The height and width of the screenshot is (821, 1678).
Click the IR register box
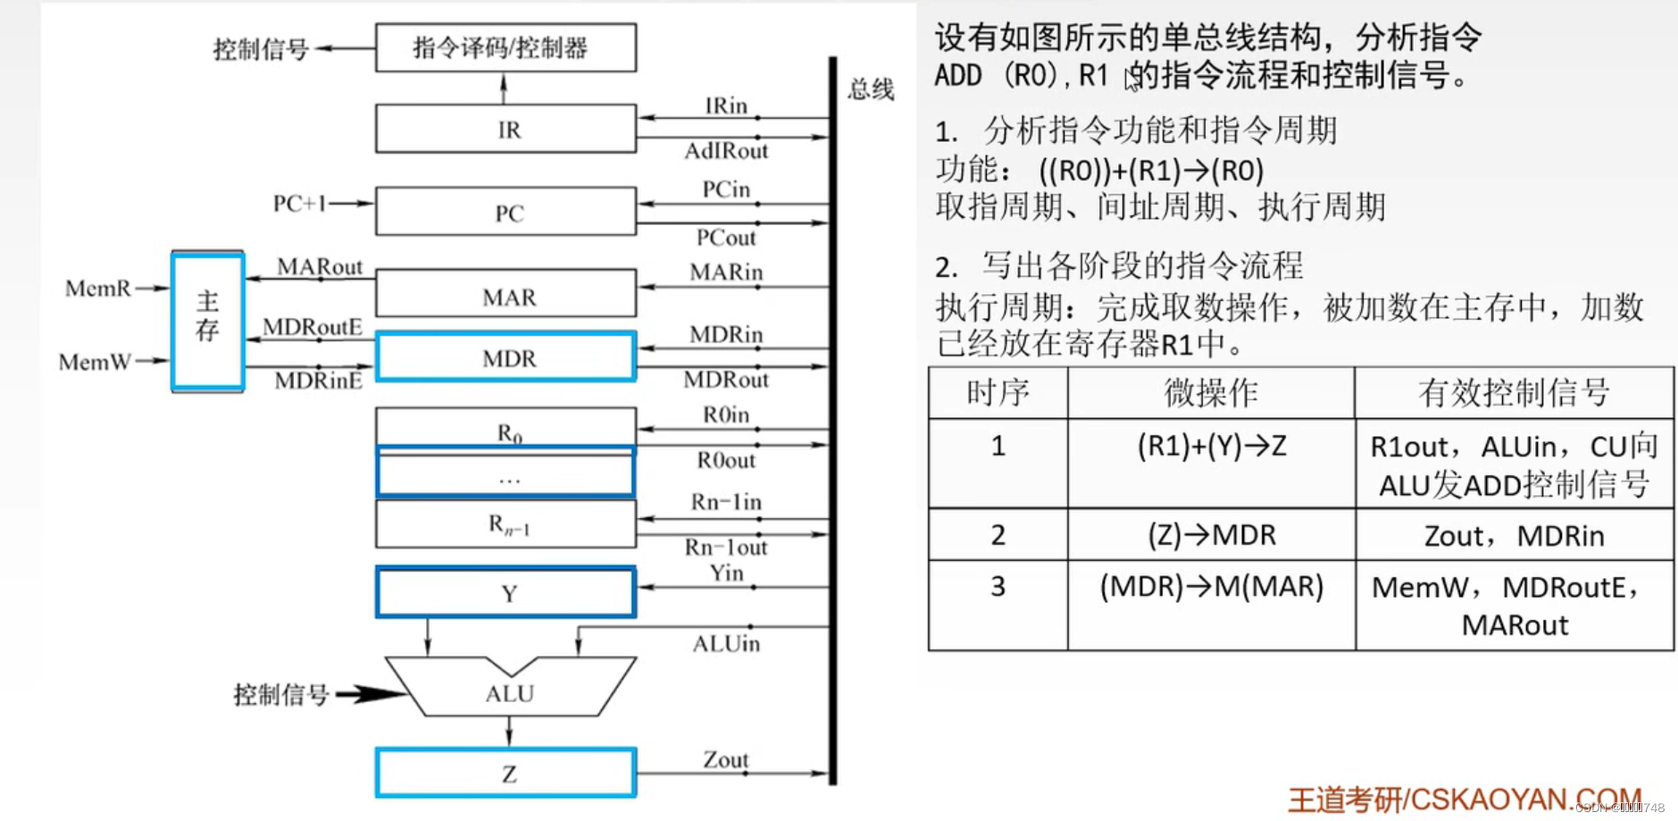point(505,129)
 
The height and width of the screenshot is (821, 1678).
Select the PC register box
point(505,212)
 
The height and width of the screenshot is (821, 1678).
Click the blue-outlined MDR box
point(505,357)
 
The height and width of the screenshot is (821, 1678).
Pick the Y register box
point(505,592)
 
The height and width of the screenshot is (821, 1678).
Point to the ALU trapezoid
point(509,692)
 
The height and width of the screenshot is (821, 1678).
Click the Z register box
point(505,773)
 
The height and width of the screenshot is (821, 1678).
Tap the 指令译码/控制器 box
point(505,47)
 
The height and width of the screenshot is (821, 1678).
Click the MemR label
point(97,289)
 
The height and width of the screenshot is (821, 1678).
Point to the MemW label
point(95,362)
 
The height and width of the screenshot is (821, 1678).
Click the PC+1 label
point(299,204)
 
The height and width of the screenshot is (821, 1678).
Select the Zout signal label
point(725,759)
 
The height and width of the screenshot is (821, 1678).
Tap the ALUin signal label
point(726,643)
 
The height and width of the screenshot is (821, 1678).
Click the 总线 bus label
point(871,89)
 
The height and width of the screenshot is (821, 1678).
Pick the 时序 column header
point(998,392)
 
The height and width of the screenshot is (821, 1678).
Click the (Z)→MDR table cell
point(1211,534)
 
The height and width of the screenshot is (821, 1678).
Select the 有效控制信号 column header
point(1514,392)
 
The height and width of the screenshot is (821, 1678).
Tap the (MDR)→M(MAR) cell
point(1211,587)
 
